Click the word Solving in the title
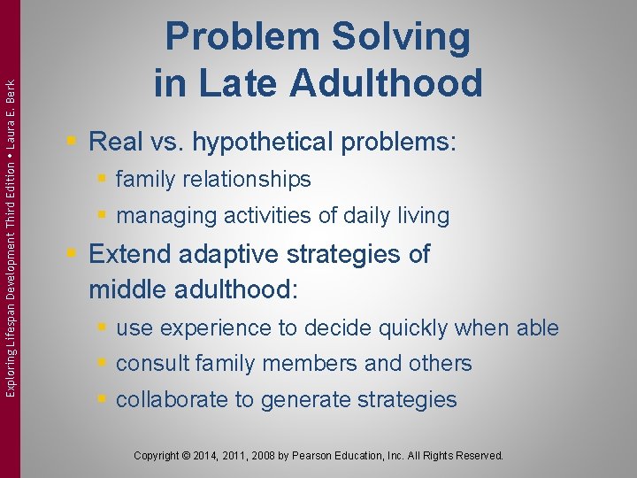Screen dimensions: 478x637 pos(401,38)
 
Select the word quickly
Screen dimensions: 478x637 pos(413,328)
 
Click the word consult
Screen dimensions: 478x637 pos(148,364)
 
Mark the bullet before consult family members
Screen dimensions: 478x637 pos(103,364)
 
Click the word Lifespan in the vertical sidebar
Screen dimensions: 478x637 pos(11,313)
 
